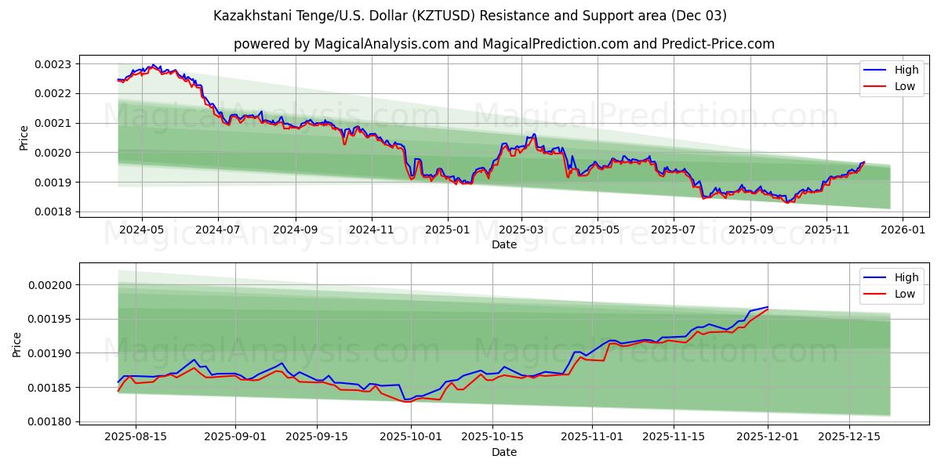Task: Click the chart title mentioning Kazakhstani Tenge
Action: coord(470,16)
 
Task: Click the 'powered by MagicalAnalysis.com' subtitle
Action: coord(503,44)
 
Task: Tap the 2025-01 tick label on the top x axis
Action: coord(448,230)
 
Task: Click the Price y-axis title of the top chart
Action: coord(24,138)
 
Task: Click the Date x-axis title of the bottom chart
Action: coord(503,452)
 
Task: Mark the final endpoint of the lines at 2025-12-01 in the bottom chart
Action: coord(768,308)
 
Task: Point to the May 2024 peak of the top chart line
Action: coord(152,65)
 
